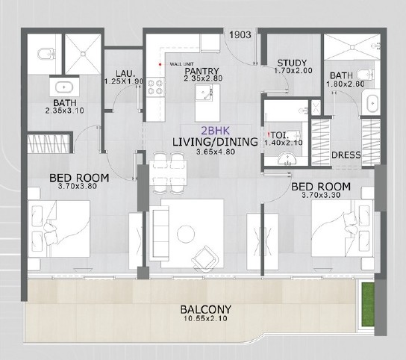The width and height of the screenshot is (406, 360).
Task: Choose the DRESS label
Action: point(346,155)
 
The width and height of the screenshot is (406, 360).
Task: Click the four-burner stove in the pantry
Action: point(157,89)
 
